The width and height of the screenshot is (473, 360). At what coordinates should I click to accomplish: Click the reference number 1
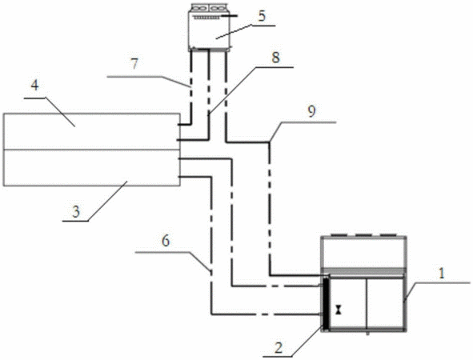click(441, 274)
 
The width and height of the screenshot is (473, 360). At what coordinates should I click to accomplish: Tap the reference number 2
click(279, 348)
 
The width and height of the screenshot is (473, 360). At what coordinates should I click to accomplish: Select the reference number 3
click(76, 212)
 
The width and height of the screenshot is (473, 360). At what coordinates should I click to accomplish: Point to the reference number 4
click(35, 86)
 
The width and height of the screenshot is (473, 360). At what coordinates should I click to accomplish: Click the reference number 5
click(263, 16)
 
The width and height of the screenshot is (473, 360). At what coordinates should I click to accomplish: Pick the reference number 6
click(166, 242)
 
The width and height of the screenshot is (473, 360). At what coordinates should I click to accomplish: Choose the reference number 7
click(134, 64)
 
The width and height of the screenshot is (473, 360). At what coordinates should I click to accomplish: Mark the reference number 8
click(275, 58)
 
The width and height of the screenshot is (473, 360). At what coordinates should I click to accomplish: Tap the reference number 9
click(311, 111)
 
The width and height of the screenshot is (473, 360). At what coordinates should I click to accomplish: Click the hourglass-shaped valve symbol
click(339, 310)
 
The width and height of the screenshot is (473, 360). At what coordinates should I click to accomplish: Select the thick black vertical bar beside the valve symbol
click(326, 304)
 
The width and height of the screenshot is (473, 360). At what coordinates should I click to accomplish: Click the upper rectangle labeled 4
click(92, 131)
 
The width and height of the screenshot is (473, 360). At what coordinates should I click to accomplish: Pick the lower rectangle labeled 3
click(92, 168)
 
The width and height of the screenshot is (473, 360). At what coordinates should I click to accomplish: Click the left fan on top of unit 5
click(198, 8)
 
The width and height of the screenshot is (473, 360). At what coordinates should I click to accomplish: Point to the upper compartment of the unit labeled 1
click(364, 253)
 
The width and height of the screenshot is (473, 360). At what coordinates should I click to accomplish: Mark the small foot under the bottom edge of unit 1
click(367, 334)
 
